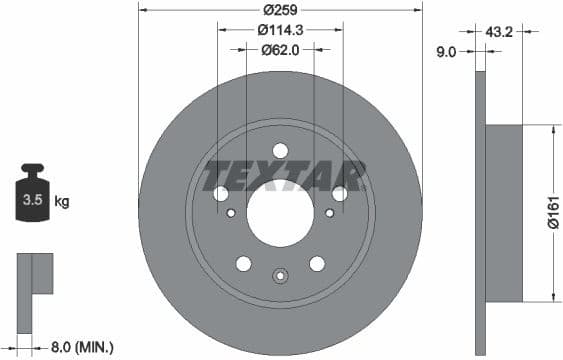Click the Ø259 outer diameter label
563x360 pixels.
pyautogui.click(x=280, y=11)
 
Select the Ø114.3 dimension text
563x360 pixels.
pyautogui.click(x=280, y=30)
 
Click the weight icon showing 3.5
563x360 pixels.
pyautogui.click(x=32, y=196)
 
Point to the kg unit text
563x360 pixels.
pyautogui.click(x=62, y=202)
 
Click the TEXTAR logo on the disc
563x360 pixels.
pyautogui.click(x=281, y=175)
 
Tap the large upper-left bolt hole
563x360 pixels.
pyautogui.click(x=221, y=193)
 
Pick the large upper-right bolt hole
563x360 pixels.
pyautogui.click(x=340, y=193)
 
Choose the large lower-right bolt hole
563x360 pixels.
pyautogui.click(x=317, y=263)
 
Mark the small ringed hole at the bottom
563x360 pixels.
pyautogui.click(x=281, y=276)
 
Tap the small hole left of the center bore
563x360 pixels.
pyautogui.click(x=232, y=213)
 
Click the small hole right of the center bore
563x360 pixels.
pyautogui.click(x=330, y=213)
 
